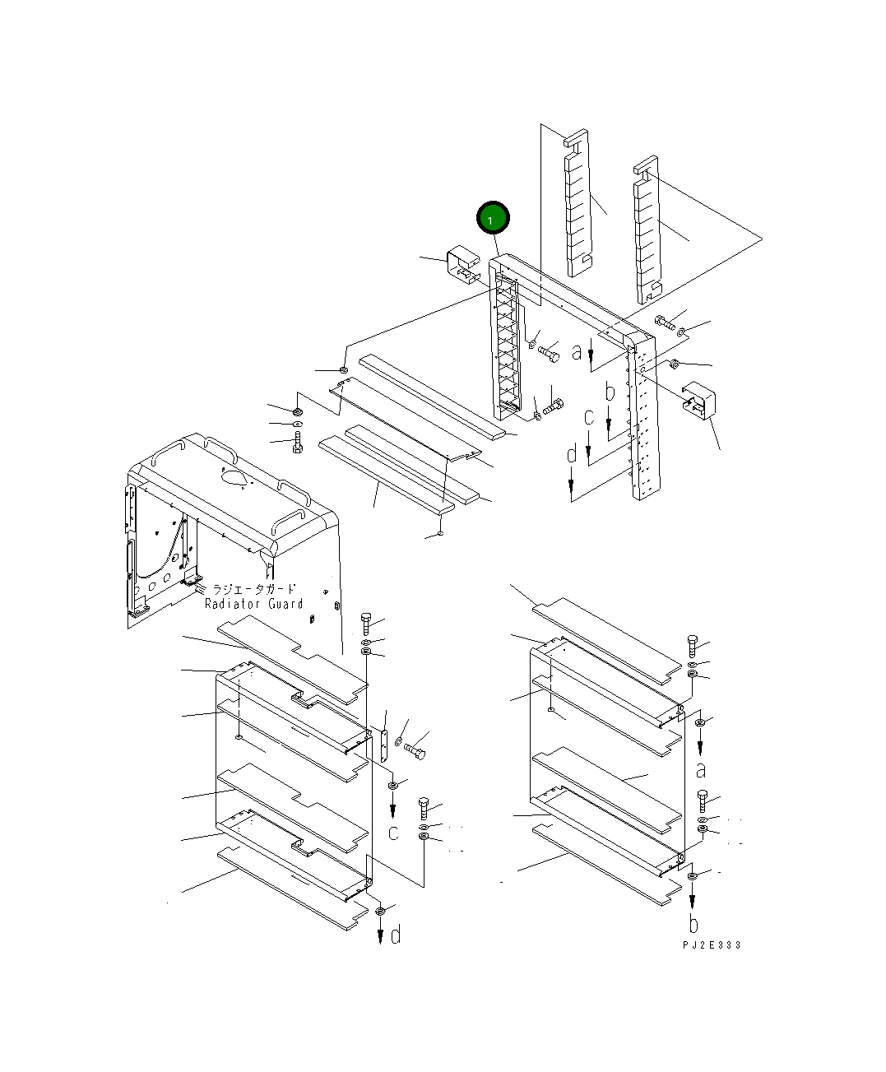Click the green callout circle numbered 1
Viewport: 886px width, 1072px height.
(493, 220)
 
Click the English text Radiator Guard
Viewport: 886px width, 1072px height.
(254, 604)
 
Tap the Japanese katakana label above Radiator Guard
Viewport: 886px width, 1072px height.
(254, 589)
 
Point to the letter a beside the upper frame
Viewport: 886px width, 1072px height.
(577, 352)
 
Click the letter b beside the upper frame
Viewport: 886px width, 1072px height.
(610, 392)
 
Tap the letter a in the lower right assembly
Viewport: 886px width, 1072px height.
(701, 770)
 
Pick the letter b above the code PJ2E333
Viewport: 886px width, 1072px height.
(693, 923)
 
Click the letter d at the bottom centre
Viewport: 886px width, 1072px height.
(396, 935)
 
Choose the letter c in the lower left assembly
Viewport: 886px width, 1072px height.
(393, 833)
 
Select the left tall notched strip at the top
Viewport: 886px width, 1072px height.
(578, 202)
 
